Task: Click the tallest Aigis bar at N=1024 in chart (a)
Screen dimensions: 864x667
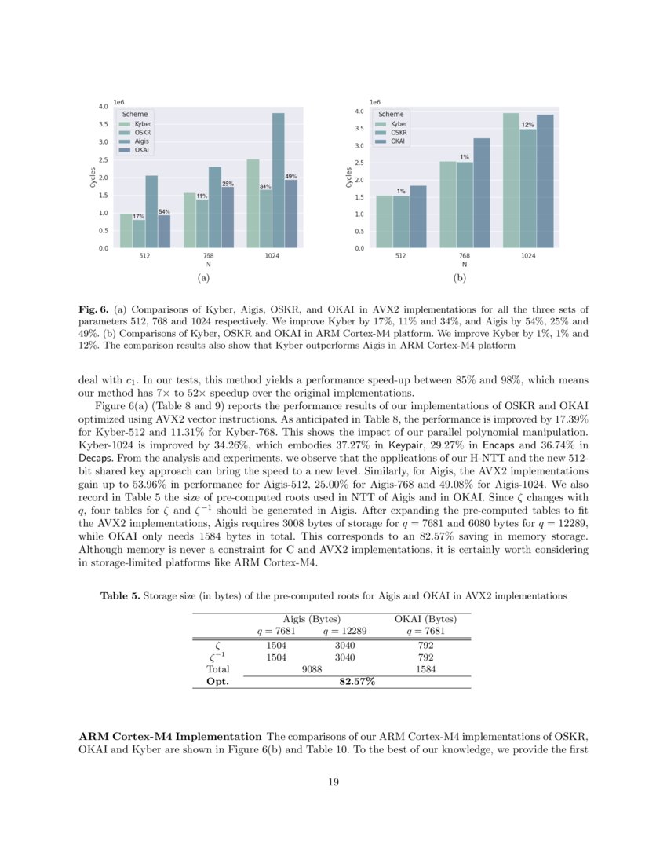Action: (x=278, y=181)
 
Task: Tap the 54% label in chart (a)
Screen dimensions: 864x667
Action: (x=165, y=211)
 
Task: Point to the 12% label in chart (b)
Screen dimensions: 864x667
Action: (x=528, y=125)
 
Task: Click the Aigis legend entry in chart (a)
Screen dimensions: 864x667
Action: (x=141, y=141)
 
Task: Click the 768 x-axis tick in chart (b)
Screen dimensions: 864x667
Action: (x=465, y=256)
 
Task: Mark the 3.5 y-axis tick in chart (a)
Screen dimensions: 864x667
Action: (x=102, y=124)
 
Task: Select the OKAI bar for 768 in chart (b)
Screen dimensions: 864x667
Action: (x=482, y=193)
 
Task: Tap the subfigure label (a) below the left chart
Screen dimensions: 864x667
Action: (x=203, y=278)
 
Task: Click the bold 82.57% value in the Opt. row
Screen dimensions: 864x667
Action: (x=356, y=682)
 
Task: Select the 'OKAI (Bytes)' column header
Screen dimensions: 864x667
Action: (x=425, y=619)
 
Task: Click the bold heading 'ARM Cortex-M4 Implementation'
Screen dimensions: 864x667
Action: (x=170, y=736)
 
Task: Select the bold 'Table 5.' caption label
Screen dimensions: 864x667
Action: (x=120, y=596)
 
